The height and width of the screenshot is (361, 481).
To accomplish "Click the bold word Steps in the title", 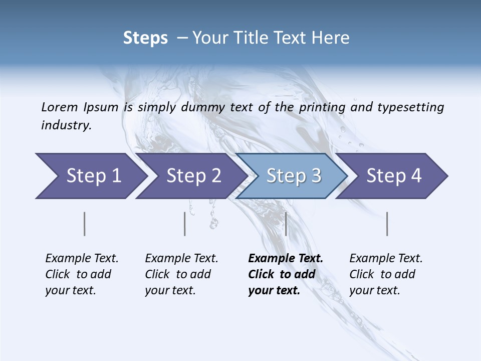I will coord(145,38).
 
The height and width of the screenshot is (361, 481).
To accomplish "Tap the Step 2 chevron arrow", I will coord(190,176).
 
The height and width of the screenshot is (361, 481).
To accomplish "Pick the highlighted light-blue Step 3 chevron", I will coord(292,176).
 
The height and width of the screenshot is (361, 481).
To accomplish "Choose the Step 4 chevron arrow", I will coord(392,176).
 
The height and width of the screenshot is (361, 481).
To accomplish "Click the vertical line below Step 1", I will coord(85,224).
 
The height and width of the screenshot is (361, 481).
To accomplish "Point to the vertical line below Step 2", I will coord(185,224).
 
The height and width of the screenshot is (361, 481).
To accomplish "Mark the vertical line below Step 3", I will coord(286,224).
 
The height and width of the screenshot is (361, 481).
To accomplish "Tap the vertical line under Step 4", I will coord(387,224).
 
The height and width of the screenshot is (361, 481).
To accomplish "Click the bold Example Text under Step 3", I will coord(286,259).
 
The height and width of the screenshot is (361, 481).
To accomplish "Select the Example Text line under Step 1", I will coord(82,259).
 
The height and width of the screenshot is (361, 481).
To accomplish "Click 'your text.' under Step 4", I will coord(374,291).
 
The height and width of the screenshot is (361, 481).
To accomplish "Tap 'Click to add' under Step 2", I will coord(178,275).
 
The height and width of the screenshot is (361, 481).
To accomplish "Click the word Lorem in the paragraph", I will coord(59,107).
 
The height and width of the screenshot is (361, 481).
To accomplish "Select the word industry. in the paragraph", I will coord(66,125).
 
